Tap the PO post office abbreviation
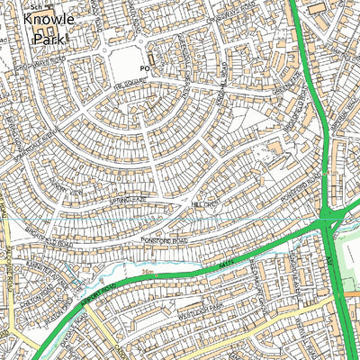pyautogui.click(x=142, y=67)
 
